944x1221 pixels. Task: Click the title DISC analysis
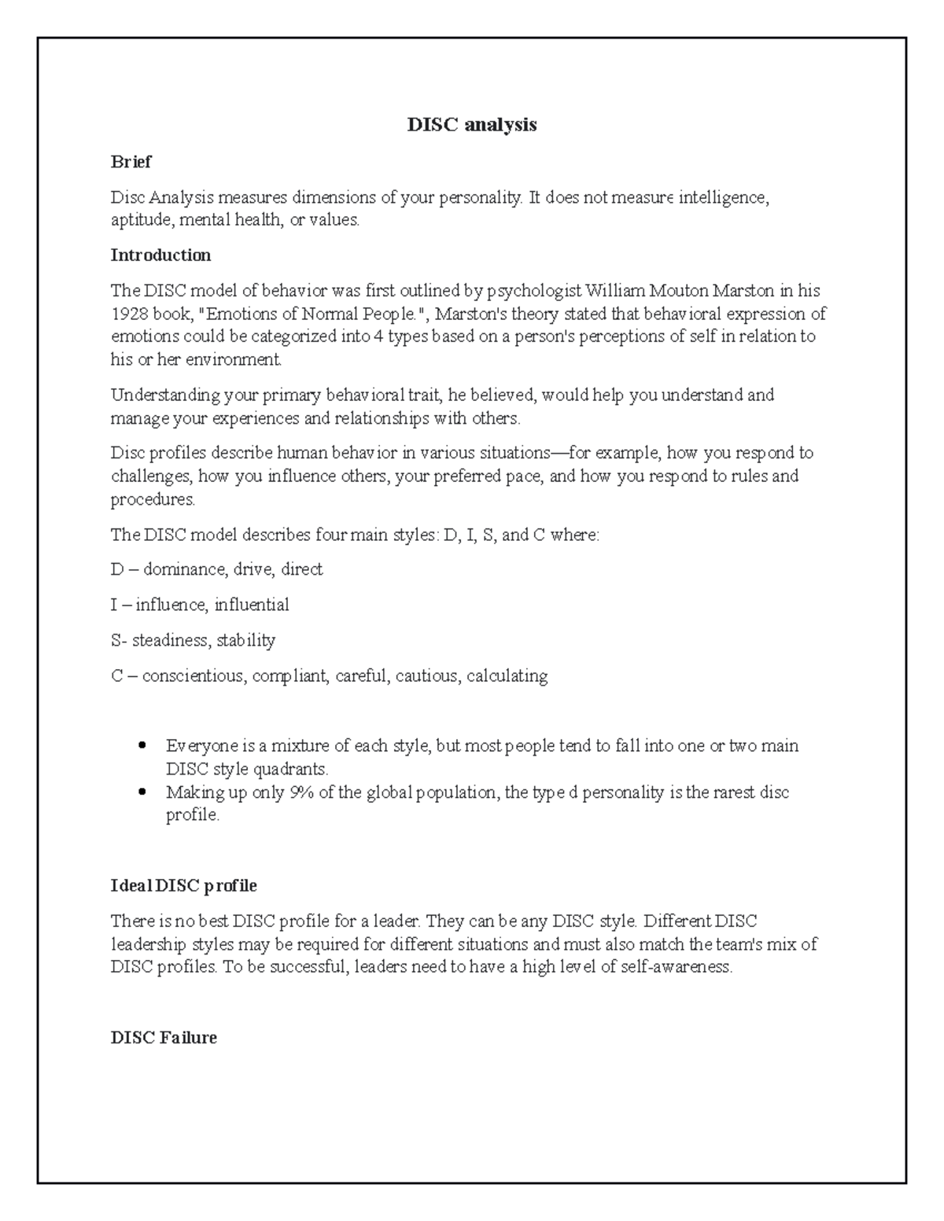[x=471, y=124]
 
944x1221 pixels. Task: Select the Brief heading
[x=131, y=162]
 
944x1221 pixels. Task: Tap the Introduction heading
[x=160, y=255]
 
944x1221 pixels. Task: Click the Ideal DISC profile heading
[x=183, y=885]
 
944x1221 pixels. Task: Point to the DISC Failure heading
[x=164, y=1038]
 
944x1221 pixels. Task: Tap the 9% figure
[x=301, y=793]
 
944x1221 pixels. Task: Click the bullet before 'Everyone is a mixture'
[x=142, y=745]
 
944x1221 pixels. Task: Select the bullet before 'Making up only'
[x=142, y=793]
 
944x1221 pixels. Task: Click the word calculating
[x=507, y=676]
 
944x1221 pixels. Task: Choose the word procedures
[x=152, y=500]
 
